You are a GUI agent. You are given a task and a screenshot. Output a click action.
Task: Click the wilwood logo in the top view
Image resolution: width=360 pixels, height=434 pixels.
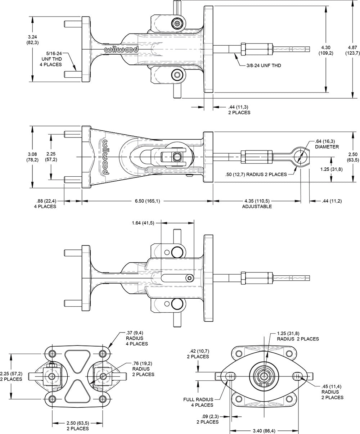click(121, 50)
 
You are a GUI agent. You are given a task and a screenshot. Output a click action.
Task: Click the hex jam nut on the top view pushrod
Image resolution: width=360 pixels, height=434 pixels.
click(243, 48)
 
